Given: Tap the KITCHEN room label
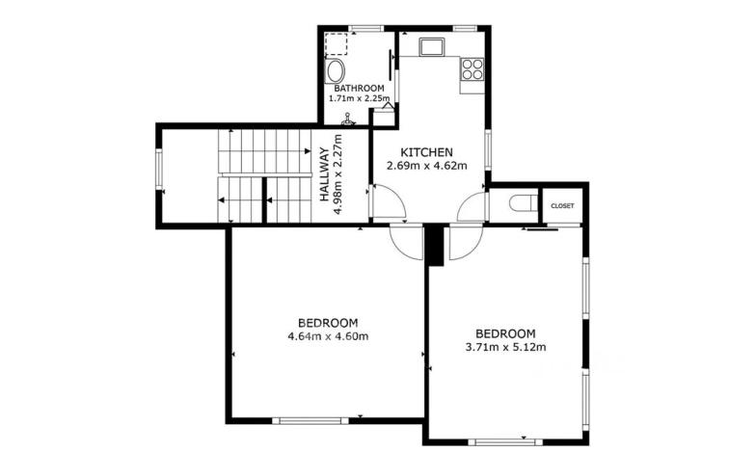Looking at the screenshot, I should click(x=427, y=152).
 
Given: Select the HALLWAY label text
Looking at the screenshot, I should click(x=325, y=173).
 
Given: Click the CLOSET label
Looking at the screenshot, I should click(x=562, y=206).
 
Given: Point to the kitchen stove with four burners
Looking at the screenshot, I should click(x=472, y=68).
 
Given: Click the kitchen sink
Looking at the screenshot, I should click(x=430, y=46).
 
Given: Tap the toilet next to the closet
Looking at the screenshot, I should click(x=522, y=203).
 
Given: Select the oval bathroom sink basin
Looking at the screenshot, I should click(x=335, y=72).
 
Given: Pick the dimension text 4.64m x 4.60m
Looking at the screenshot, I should click(x=328, y=336).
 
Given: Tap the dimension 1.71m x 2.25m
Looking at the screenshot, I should click(x=359, y=97).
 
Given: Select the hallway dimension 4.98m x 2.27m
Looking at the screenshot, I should click(x=338, y=173).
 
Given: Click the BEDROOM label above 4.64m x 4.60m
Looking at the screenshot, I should click(x=328, y=323).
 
